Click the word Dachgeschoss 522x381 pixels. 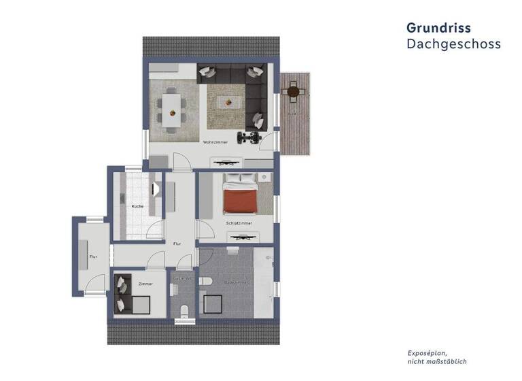point(453,44)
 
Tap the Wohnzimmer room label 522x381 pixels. point(215,142)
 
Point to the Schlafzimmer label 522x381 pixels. point(239,222)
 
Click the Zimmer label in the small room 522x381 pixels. point(145,284)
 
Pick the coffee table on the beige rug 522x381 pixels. point(226,103)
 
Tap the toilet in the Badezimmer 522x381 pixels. point(209,282)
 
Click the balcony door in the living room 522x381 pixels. point(270,143)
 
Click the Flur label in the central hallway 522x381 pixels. point(177,244)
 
